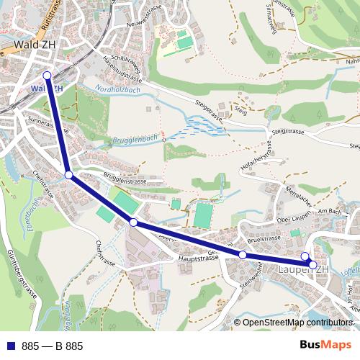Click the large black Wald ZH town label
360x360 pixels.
tap(30, 45)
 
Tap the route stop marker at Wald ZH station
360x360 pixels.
tap(47, 75)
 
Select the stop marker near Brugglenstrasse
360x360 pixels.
tap(68, 175)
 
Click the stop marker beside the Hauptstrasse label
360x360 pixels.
tap(243, 255)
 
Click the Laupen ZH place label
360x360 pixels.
tap(302, 269)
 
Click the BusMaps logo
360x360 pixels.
tap(325, 345)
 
